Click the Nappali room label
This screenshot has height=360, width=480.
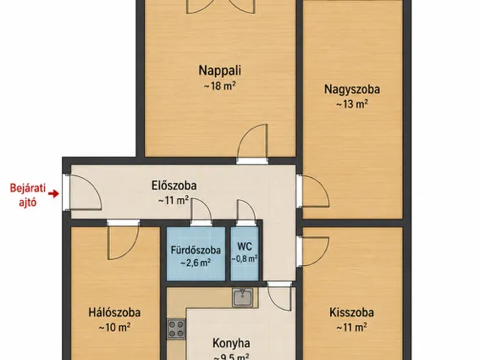click(220, 70)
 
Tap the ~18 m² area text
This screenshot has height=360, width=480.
click(220, 86)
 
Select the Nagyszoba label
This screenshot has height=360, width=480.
click(352, 89)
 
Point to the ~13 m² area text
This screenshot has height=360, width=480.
click(352, 104)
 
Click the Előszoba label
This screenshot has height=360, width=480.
click(174, 186)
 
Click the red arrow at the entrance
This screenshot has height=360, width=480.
click(54, 194)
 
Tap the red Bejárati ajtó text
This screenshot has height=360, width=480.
click(28, 195)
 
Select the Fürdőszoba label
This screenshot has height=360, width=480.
click(196, 250)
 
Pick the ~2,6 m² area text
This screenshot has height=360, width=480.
click(196, 263)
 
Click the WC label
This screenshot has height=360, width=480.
click(245, 246)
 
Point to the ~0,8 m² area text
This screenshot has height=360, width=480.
click(245, 259)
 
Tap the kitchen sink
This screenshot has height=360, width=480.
click(242, 297)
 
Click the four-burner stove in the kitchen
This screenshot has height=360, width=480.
click(176, 329)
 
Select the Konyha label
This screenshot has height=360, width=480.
click(231, 343)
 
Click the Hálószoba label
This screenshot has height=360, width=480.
click(114, 313)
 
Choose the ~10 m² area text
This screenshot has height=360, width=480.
click(114, 328)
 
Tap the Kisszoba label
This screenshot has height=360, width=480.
click(351, 313)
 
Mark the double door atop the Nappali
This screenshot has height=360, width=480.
click(220, 7)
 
